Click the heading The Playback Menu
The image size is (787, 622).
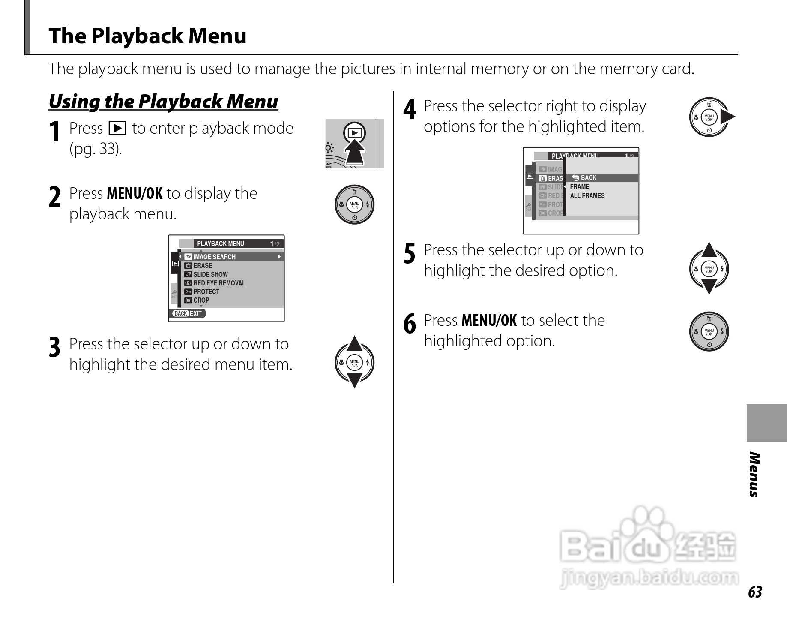tap(147, 36)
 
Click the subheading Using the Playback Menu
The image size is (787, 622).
tap(163, 102)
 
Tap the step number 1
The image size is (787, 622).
tap(54, 132)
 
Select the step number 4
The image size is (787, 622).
tap(410, 109)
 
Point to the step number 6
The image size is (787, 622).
tap(410, 324)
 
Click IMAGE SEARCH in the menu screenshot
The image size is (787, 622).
tap(214, 257)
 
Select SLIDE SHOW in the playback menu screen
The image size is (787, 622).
tap(210, 274)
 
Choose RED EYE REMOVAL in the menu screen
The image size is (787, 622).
tap(219, 283)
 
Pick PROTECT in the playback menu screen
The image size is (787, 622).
tap(206, 291)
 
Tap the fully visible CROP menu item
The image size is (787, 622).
tap(201, 300)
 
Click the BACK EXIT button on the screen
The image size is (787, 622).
tap(188, 313)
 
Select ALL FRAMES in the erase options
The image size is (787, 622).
tap(587, 195)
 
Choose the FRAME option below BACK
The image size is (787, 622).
tap(579, 186)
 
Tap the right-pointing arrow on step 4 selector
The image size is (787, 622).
tap(727, 117)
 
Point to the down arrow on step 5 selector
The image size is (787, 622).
tap(709, 286)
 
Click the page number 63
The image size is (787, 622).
tap(755, 592)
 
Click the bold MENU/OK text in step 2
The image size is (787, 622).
tap(135, 194)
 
